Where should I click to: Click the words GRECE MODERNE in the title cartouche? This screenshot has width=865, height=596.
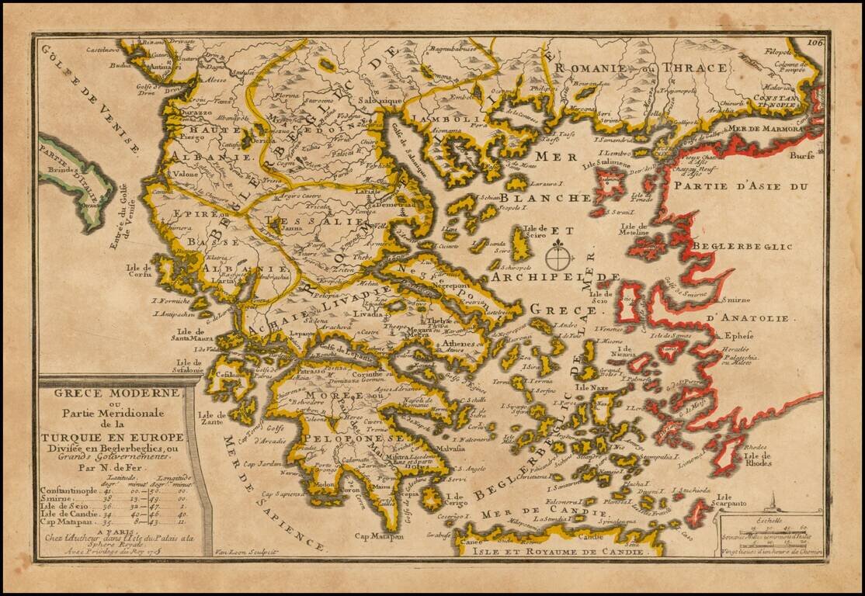point(117,392)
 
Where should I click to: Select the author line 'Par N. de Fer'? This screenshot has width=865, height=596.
point(114,467)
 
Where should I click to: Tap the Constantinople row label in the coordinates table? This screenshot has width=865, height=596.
point(71,491)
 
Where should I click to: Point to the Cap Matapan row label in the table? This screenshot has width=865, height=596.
point(66,525)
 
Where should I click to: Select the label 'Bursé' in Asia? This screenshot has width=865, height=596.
point(801,155)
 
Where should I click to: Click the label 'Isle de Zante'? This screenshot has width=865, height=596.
point(210,421)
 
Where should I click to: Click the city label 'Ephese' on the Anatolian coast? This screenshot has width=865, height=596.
point(734,336)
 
